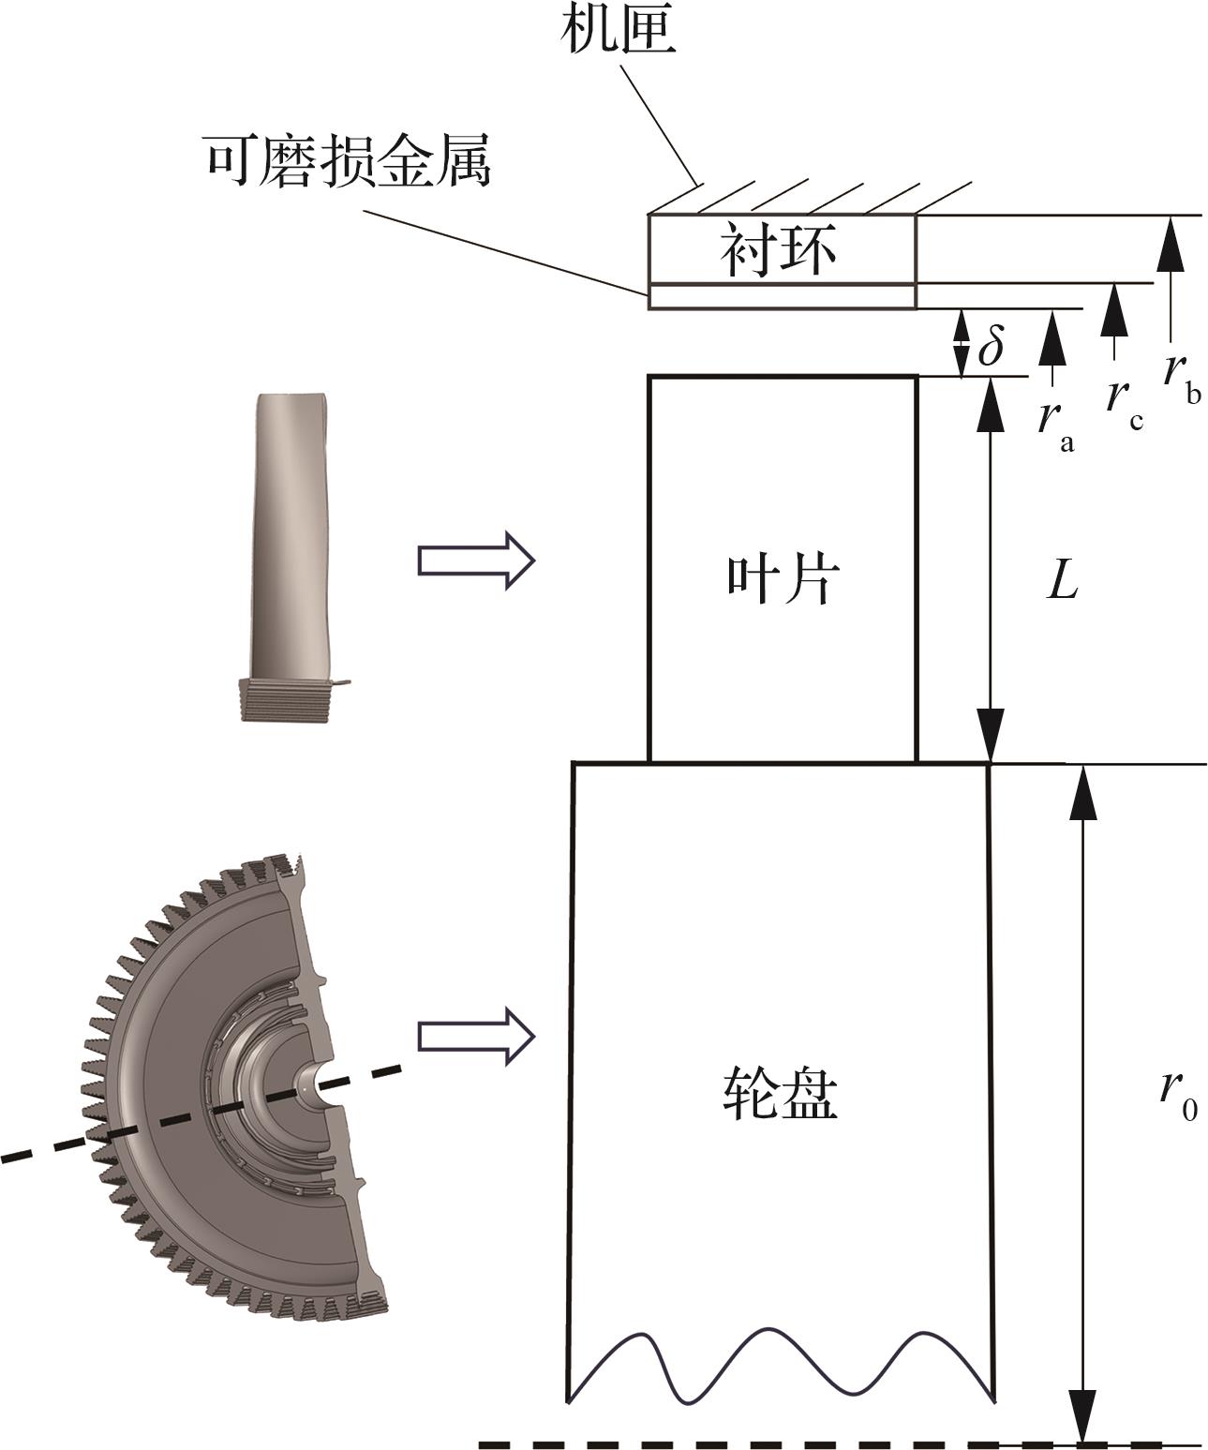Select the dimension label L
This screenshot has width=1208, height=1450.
tap(1062, 579)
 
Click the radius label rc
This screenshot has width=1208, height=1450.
tap(1125, 404)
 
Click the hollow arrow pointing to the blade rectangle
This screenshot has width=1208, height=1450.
tap(476, 561)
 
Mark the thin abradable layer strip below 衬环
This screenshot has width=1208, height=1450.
tap(783, 296)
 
